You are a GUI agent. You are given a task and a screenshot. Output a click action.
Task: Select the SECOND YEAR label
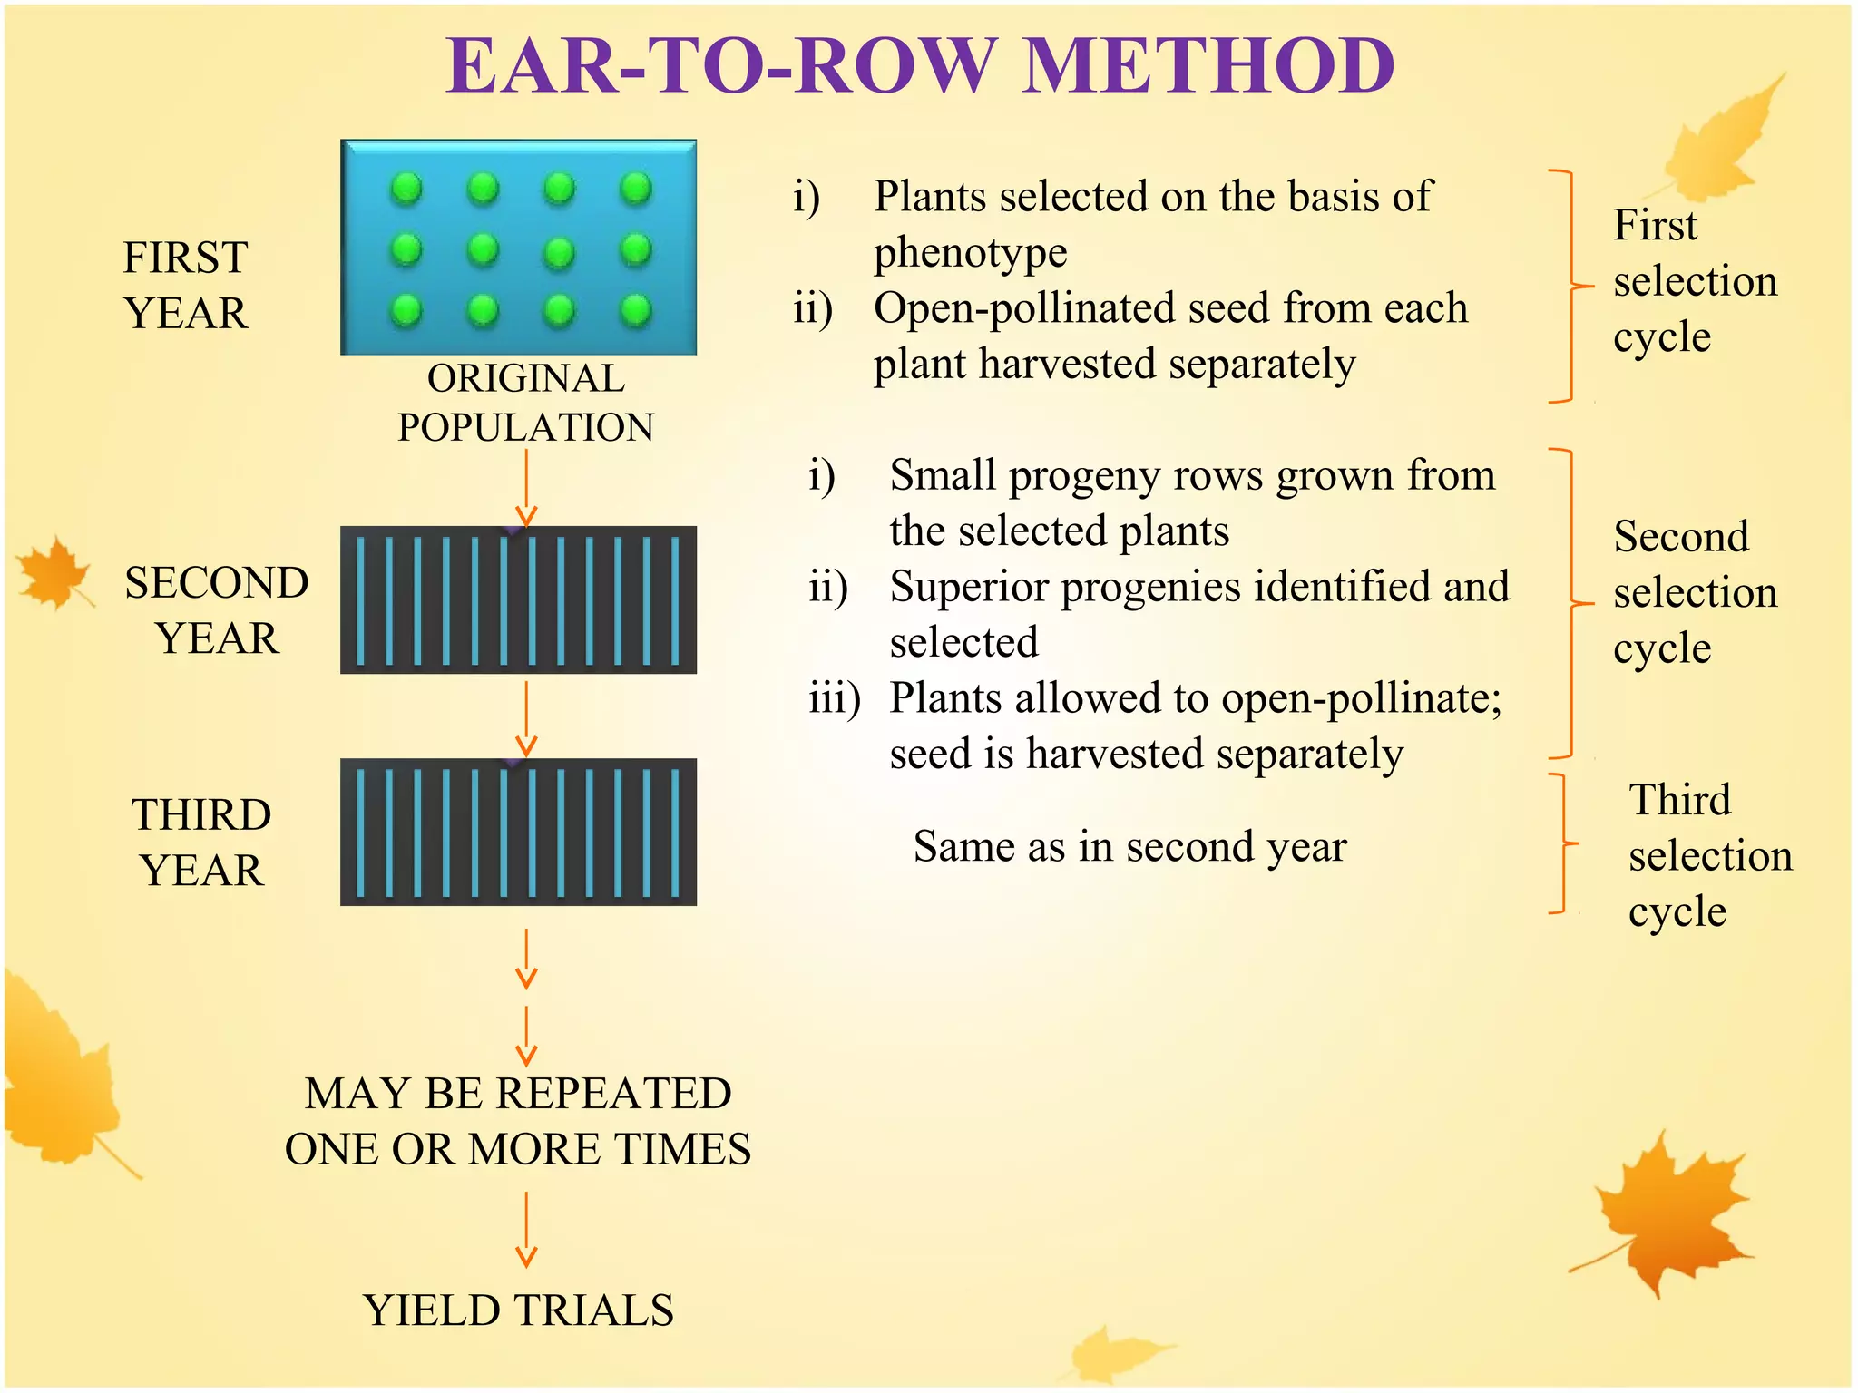point(216,609)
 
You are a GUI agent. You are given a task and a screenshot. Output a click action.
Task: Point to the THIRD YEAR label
point(201,842)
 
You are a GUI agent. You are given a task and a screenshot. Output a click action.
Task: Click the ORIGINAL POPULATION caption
point(525,403)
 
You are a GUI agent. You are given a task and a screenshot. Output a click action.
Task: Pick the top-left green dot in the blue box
point(406,189)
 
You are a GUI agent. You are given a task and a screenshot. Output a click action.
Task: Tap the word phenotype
point(970,253)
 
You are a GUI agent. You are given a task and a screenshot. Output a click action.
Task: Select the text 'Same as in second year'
point(1129,846)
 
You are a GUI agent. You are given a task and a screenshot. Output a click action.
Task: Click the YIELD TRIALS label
point(518,1310)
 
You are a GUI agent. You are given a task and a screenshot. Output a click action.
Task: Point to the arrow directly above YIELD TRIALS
point(526,1230)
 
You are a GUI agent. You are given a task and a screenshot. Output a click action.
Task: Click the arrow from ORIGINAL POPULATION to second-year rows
point(526,488)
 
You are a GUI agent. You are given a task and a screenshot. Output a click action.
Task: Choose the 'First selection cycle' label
point(1693,281)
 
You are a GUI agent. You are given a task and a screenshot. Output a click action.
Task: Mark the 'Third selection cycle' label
point(1709,855)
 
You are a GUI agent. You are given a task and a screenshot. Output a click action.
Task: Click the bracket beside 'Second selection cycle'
point(1570,603)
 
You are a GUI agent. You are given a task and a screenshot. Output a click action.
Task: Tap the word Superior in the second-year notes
point(970,587)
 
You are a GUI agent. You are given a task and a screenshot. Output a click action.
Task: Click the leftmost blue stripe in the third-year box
point(361,833)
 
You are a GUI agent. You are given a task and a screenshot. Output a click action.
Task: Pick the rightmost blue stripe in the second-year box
point(674,600)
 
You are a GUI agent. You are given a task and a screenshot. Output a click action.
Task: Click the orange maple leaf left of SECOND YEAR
point(54,573)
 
